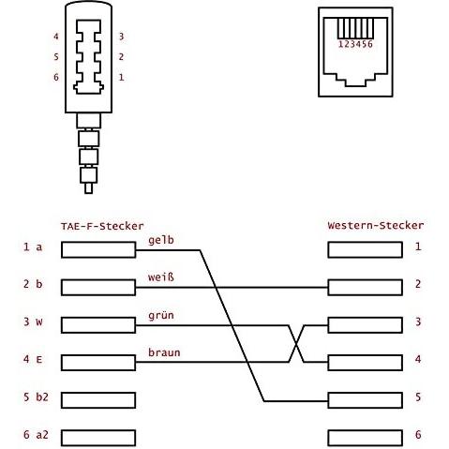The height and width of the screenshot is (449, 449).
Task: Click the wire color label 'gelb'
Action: (161, 241)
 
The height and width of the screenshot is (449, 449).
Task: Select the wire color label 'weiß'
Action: (161, 277)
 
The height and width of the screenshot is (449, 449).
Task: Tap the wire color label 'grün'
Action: (161, 316)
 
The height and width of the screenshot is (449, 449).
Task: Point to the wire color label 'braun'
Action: (164, 352)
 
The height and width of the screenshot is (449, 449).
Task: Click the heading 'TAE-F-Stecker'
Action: (102, 226)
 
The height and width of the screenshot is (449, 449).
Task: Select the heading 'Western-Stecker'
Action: (376, 225)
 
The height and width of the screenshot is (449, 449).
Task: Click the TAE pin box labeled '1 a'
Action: (98, 249)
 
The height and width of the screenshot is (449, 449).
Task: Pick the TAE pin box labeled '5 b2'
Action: (98, 400)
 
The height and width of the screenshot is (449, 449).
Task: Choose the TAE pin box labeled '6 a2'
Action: (98, 438)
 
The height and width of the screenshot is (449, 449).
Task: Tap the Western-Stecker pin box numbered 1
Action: (365, 249)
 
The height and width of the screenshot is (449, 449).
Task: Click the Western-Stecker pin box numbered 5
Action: (365, 400)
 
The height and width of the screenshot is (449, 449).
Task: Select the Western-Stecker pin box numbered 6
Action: (365, 438)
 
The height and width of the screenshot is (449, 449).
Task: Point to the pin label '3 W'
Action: (33, 322)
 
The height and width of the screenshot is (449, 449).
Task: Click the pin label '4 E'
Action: (33, 359)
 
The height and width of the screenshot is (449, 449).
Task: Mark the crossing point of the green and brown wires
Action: (296, 344)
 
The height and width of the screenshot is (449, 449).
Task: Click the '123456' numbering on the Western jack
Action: (355, 44)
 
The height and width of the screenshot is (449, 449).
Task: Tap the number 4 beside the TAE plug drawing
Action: (56, 37)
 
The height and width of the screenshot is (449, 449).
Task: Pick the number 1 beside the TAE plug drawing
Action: (121, 77)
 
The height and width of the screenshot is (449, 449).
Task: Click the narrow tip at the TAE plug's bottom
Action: (89, 188)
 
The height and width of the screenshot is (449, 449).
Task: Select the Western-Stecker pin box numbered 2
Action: (365, 288)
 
